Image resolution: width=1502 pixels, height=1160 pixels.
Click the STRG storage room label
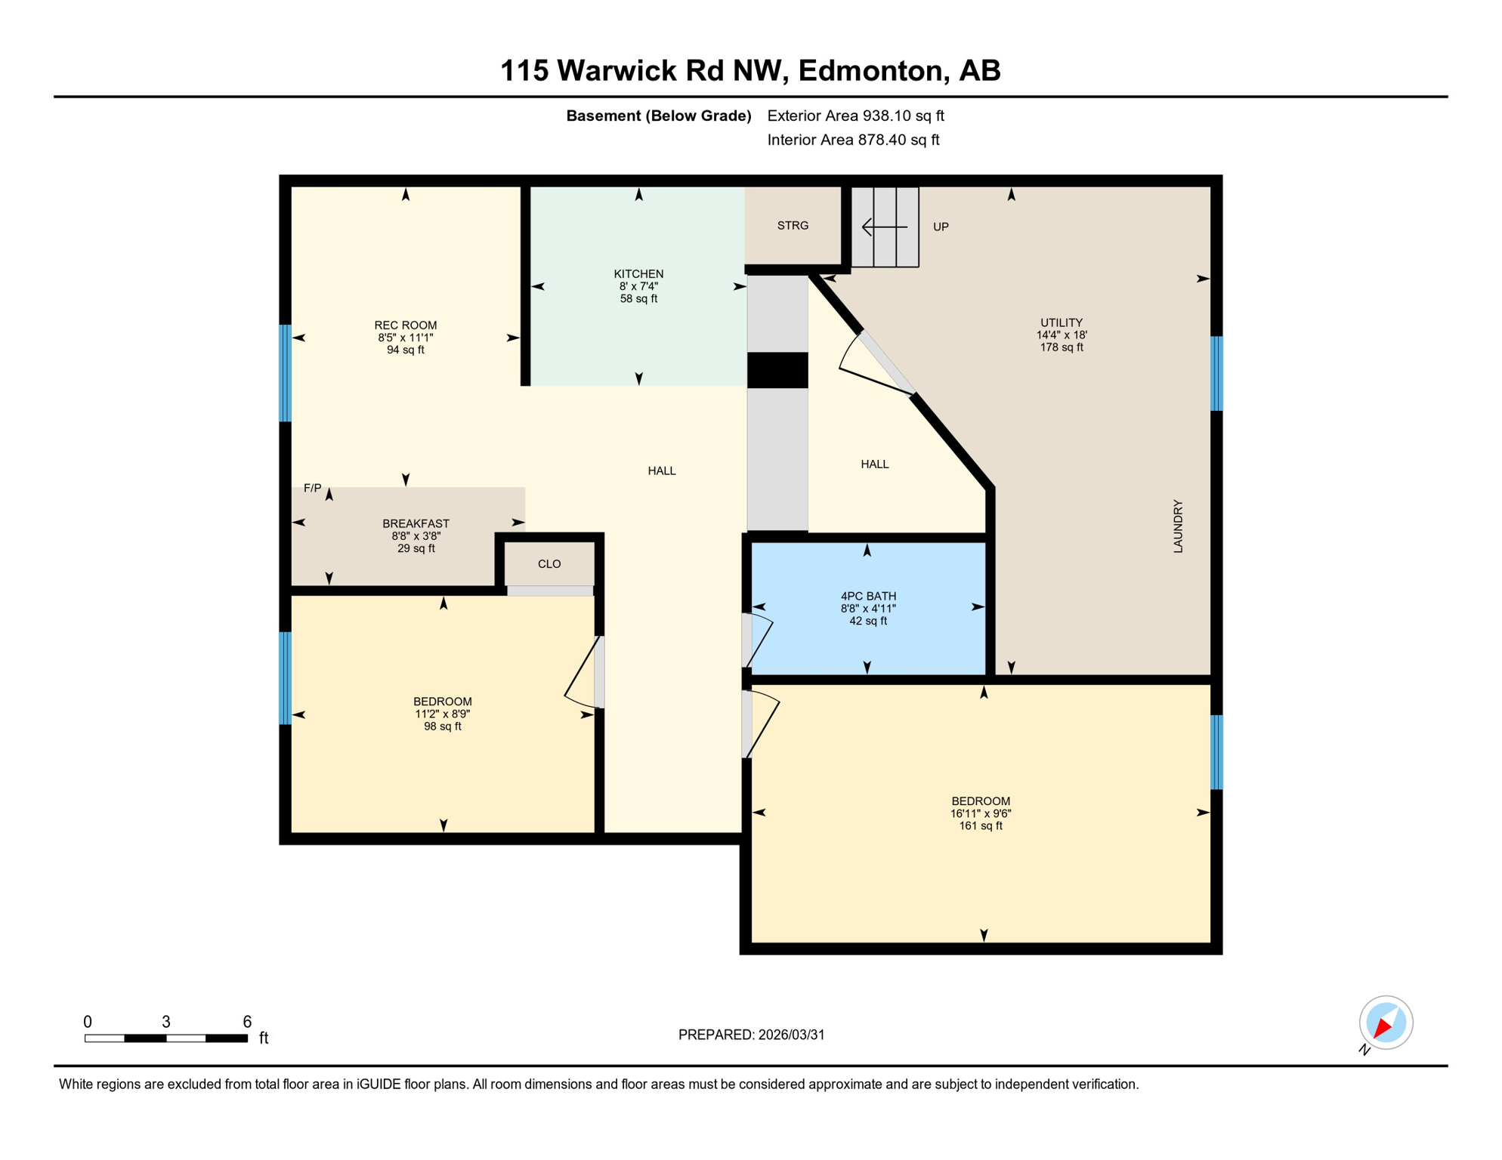point(793,226)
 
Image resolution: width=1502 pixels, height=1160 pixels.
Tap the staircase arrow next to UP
point(884,227)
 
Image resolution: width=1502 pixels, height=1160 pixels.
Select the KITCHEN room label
point(638,274)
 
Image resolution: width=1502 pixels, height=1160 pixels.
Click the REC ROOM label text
point(406,325)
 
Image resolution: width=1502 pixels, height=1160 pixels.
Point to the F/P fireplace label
point(312,489)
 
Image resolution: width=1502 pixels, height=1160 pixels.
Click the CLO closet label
point(549,564)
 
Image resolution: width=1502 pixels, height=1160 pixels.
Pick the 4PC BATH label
point(868,597)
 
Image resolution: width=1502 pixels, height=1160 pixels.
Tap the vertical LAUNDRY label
point(1178,526)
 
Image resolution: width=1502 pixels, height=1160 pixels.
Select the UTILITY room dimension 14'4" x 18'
point(1062,335)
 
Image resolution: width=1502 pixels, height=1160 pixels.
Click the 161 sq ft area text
point(981,826)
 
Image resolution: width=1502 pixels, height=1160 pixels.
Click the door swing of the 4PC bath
point(760,640)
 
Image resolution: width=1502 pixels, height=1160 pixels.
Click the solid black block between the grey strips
point(777,371)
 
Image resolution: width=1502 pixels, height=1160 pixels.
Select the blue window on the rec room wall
point(286,373)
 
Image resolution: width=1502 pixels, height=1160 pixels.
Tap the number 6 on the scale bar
point(247,1022)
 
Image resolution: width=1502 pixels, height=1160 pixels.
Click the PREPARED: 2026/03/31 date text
point(751,1035)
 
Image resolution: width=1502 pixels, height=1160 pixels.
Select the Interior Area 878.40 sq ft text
point(853,140)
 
